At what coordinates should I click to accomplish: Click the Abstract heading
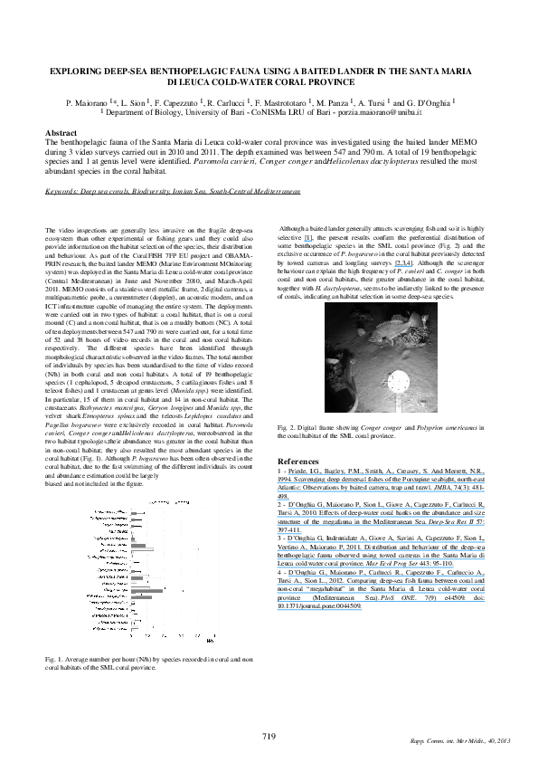pos(61,133)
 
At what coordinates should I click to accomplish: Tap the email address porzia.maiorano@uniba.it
pos(379,113)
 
